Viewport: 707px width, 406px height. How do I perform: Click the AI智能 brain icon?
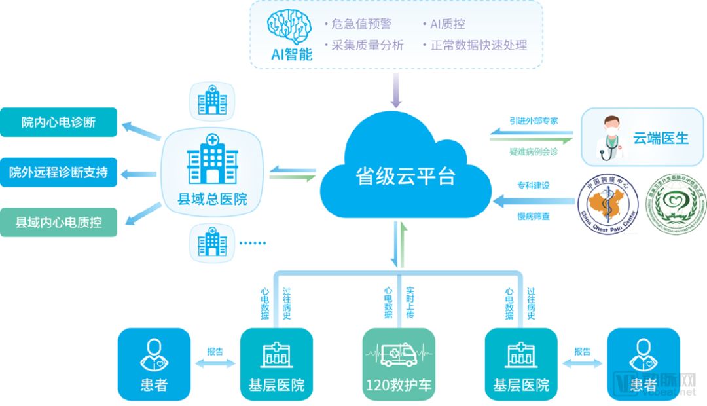pyautogui.click(x=291, y=27)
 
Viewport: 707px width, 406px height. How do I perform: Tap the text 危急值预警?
pyautogui.click(x=358, y=24)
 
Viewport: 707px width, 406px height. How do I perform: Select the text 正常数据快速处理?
pyautogui.click(x=478, y=45)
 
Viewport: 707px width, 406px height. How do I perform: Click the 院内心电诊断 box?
pyautogui.click(x=58, y=122)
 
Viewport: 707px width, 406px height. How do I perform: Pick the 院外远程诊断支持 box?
pyautogui.click(x=58, y=173)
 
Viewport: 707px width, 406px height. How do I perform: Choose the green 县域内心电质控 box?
pyautogui.click(x=58, y=222)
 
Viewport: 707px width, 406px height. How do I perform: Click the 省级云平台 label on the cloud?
pyautogui.click(x=405, y=177)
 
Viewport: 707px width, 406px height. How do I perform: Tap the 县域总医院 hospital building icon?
pyautogui.click(x=212, y=158)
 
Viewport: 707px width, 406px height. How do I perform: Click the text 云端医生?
pyautogui.click(x=660, y=138)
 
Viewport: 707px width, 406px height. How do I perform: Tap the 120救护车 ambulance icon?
pyautogui.click(x=398, y=355)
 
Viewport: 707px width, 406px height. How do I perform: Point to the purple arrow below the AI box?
pyautogui.click(x=395, y=90)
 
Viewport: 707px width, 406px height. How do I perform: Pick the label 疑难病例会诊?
pyautogui.click(x=534, y=151)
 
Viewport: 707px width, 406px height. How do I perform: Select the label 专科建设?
pyautogui.click(x=534, y=185)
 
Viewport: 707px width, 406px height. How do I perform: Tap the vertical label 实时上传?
pyautogui.click(x=410, y=303)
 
